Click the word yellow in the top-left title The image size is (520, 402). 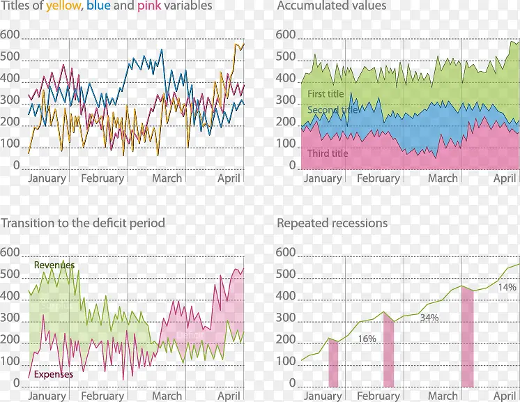coord(63,6)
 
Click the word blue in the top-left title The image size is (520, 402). coord(98,6)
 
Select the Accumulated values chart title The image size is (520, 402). coord(331,6)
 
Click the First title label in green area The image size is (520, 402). coord(326,94)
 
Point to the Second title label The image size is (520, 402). coord(333,110)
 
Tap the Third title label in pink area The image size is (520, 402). coord(328,153)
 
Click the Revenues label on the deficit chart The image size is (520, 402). coord(54,265)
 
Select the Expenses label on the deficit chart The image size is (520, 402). coord(54,374)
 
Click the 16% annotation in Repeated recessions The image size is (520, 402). coord(367,339)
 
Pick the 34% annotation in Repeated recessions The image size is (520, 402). coord(429,318)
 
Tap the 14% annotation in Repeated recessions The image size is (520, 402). coord(507,287)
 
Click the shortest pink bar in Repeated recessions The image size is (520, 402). coord(333,363)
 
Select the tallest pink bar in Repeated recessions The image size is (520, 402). coord(468,337)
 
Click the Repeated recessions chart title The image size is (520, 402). coord(332,224)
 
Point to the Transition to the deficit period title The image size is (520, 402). coord(83,224)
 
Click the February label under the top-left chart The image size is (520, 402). coord(102,178)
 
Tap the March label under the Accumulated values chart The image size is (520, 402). coord(443,178)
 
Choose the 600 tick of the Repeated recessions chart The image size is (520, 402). coord(286,252)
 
